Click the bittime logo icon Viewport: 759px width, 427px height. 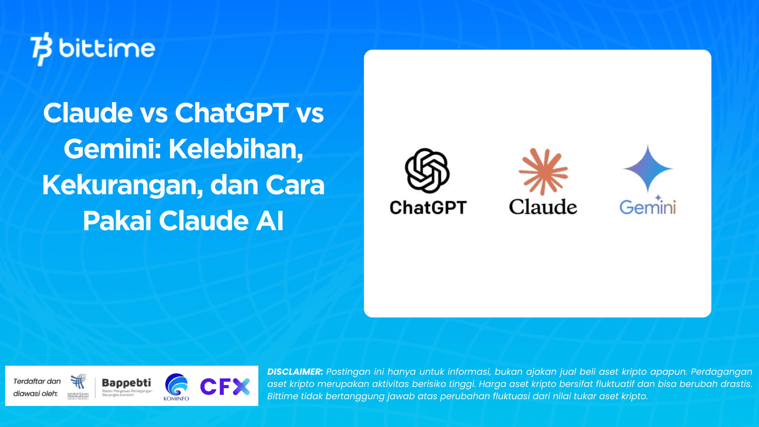[41, 49]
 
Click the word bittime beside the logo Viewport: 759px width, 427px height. [107, 49]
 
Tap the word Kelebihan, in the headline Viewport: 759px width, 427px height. [236, 149]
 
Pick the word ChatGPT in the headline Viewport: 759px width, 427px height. [232, 113]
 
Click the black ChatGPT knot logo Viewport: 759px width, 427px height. [427, 171]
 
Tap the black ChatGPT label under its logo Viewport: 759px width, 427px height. [428, 208]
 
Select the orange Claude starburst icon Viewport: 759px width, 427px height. [543, 171]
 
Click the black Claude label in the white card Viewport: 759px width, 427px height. [543, 207]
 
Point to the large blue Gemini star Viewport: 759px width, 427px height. [647, 169]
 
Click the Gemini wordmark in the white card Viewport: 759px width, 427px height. [647, 208]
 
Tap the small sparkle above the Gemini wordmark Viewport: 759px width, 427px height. [658, 198]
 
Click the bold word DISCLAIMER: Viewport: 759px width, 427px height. [295, 372]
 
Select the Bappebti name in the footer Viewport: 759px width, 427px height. [126, 383]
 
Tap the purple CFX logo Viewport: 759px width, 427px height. [225, 387]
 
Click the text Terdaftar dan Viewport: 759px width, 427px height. [37, 381]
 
